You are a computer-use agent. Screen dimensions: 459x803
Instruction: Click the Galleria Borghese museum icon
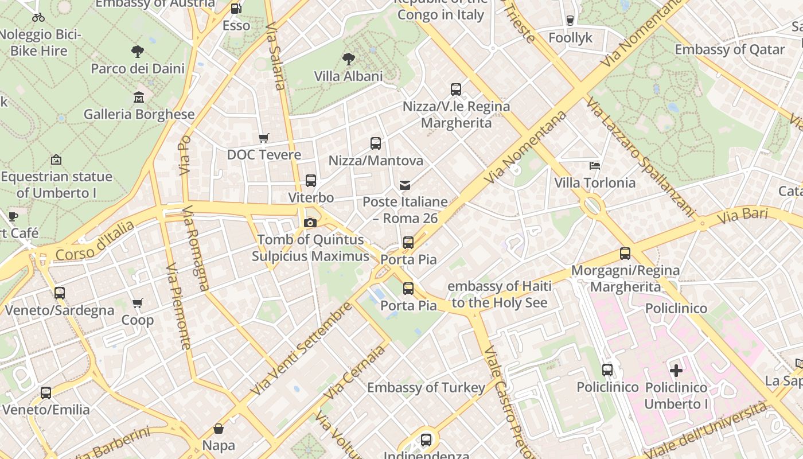click(139, 98)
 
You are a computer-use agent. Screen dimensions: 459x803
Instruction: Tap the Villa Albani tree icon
click(348, 59)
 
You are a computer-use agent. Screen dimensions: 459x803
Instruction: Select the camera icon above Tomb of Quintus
click(310, 223)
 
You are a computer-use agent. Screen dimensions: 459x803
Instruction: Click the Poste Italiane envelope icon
click(405, 185)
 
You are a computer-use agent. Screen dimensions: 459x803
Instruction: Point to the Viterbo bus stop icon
click(311, 181)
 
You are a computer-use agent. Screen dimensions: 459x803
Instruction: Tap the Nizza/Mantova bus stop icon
click(376, 143)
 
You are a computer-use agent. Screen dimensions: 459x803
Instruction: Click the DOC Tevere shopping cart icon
click(264, 138)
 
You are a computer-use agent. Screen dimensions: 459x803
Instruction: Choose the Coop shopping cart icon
click(138, 303)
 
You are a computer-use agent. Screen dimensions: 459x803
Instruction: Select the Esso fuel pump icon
click(236, 9)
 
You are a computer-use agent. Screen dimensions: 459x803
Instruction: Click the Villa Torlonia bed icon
click(595, 166)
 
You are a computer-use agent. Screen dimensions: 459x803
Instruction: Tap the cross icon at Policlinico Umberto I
click(676, 370)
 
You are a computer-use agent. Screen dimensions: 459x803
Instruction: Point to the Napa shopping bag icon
click(219, 428)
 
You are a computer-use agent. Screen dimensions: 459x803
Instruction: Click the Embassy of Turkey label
click(426, 388)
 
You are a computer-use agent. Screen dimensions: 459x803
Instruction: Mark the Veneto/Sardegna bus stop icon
click(60, 293)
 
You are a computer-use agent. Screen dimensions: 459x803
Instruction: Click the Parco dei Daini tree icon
click(138, 52)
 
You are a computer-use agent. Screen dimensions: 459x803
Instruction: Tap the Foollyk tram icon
click(570, 21)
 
